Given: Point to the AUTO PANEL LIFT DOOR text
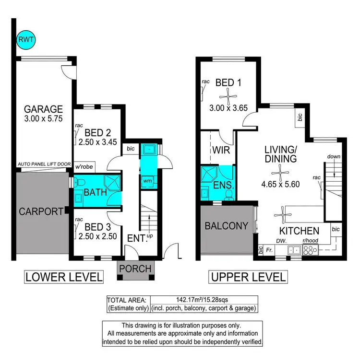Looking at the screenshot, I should coord(44,164).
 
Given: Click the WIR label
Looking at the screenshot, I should coord(222,150).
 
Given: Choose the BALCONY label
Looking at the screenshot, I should coord(226,225).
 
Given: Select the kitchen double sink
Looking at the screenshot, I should coord(294,249).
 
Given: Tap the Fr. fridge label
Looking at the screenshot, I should coord(269,249).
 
